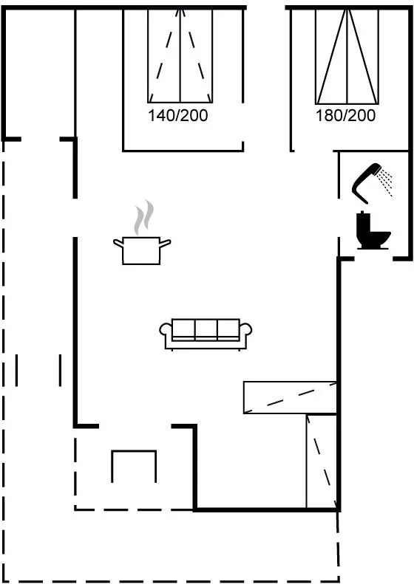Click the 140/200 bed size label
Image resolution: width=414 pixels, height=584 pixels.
(178, 115)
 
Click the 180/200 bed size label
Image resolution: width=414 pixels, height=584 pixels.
(345, 115)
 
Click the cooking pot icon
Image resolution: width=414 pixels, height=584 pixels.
(142, 250)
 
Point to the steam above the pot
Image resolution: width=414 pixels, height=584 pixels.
(144, 217)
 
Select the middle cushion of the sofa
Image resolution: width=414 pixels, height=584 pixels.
(206, 328)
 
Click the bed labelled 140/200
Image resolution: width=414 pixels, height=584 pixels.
(180, 55)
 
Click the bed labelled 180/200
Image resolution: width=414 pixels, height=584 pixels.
(347, 56)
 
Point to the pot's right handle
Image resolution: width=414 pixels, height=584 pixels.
(165, 243)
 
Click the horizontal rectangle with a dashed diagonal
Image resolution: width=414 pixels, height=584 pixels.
(291, 397)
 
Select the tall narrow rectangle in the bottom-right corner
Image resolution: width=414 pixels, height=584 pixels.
(322, 461)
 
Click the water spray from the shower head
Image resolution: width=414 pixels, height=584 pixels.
(385, 182)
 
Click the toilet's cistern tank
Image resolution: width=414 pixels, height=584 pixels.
(362, 225)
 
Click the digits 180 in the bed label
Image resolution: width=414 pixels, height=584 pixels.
(328, 115)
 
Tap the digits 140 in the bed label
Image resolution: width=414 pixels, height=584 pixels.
(160, 115)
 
